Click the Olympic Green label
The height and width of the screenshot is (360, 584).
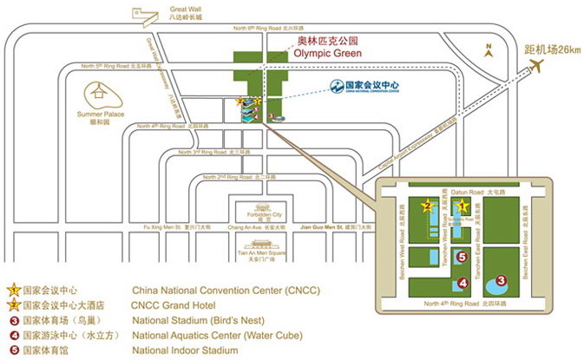point(325,51)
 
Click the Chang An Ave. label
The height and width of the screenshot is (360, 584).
point(245,226)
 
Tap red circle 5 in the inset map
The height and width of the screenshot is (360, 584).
point(463,257)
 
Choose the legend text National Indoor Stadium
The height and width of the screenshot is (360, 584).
point(185,350)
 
